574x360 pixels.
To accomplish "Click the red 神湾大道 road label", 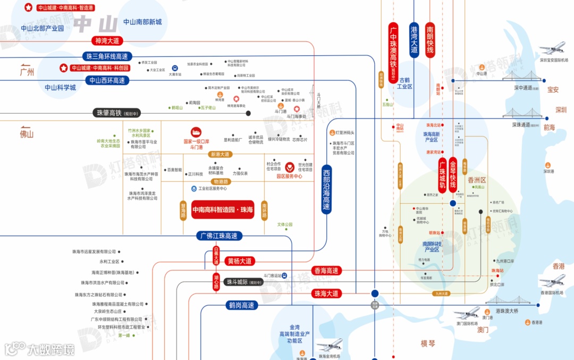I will pyautogui.click(x=107, y=41).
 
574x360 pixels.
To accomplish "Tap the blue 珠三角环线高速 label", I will pyautogui.click(x=107, y=56).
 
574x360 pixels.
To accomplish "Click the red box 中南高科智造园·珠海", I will pyautogui.click(x=223, y=210).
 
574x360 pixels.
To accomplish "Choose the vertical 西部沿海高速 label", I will pyautogui.click(x=326, y=188).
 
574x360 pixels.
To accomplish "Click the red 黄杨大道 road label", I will pyautogui.click(x=240, y=261).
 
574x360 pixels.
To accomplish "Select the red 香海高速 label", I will pyautogui.click(x=326, y=271).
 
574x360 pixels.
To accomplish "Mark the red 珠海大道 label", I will pyautogui.click(x=326, y=294).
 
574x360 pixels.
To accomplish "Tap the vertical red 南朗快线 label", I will pyautogui.click(x=430, y=40).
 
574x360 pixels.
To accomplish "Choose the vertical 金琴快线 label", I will pyautogui.click(x=453, y=173).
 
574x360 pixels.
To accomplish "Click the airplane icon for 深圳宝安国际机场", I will pyautogui.click(x=552, y=49).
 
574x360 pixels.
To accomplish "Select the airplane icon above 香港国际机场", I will pyautogui.click(x=552, y=281).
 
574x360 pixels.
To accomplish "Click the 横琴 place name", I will pyautogui.click(x=428, y=344).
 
